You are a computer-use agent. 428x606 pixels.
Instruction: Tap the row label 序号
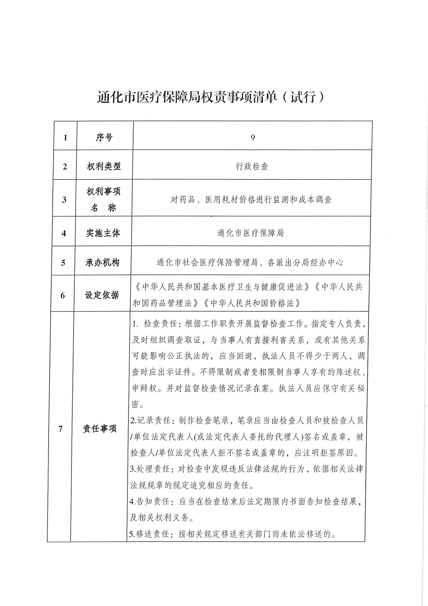[104, 137]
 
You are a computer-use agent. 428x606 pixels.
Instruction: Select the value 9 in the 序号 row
[253, 137]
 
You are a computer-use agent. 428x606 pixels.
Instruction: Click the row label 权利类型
[104, 166]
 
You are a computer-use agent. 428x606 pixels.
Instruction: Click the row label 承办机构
[102, 262]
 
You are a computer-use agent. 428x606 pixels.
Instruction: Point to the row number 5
[63, 263]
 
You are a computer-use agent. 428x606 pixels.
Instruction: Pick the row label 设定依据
[102, 295]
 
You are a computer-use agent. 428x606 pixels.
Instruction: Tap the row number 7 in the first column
[60, 429]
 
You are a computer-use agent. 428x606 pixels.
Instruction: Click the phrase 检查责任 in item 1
[160, 324]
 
